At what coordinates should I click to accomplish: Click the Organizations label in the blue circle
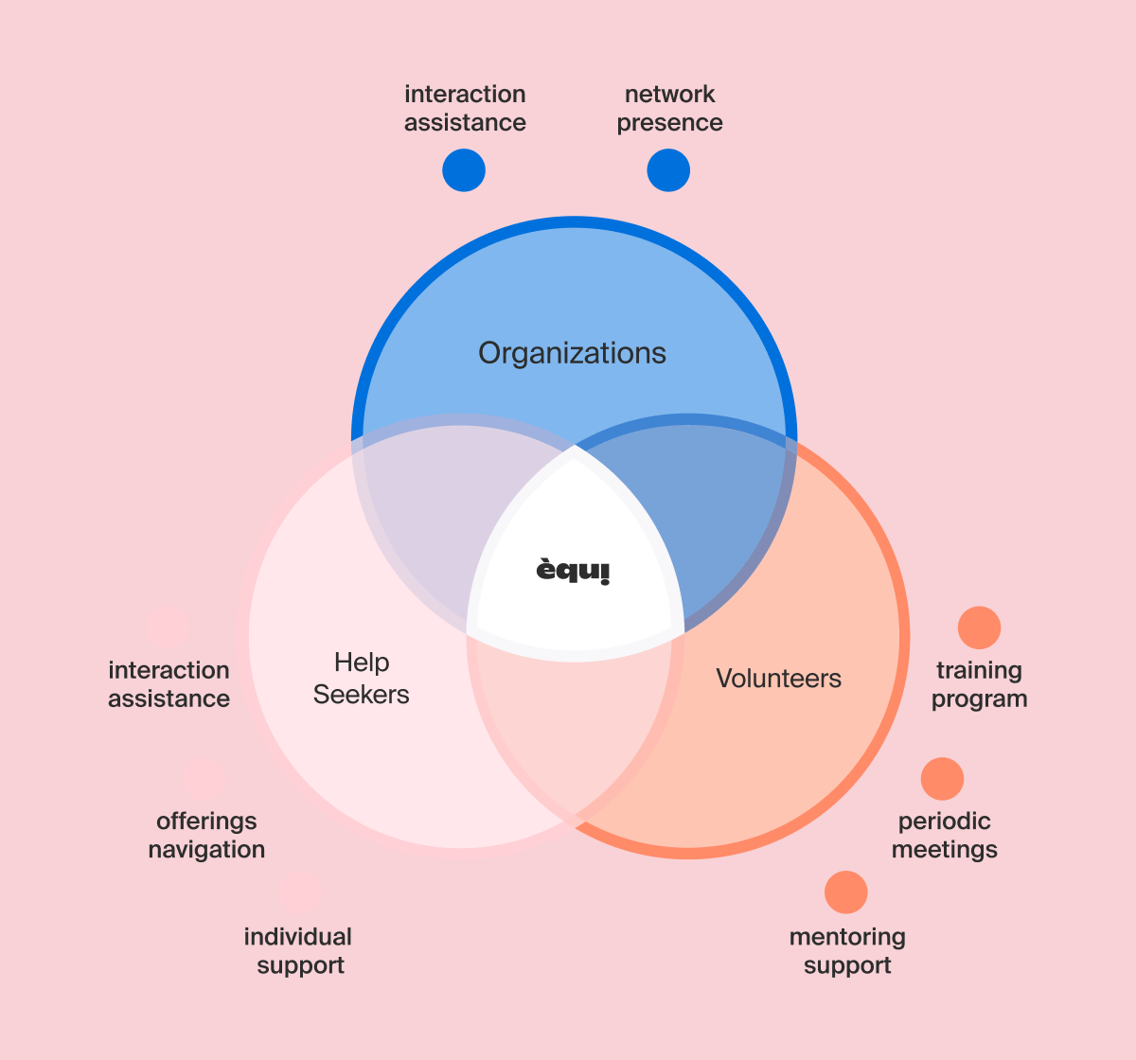point(572,353)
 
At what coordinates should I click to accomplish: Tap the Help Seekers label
point(361,679)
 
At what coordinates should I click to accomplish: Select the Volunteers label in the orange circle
point(778,679)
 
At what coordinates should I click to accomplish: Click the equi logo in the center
point(574,571)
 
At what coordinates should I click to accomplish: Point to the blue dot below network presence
point(668,170)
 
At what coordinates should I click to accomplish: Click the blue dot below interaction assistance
point(464,170)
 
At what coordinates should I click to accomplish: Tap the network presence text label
point(669,109)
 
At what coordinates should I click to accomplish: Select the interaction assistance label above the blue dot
point(465,109)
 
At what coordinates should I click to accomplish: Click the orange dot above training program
point(979,627)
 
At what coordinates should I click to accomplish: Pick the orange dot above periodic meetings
point(942,779)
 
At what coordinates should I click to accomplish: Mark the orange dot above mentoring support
point(845,892)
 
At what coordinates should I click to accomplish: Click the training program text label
point(979,684)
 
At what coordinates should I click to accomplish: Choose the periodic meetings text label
point(944,835)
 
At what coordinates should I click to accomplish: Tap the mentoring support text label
point(847,951)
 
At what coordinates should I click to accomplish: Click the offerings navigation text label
point(206,835)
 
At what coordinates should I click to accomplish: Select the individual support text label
point(298,951)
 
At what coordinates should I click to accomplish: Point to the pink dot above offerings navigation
point(205,778)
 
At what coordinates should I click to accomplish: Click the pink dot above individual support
point(301,892)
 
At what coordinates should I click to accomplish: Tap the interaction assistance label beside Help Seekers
point(169,684)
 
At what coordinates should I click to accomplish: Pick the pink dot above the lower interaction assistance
point(169,628)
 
